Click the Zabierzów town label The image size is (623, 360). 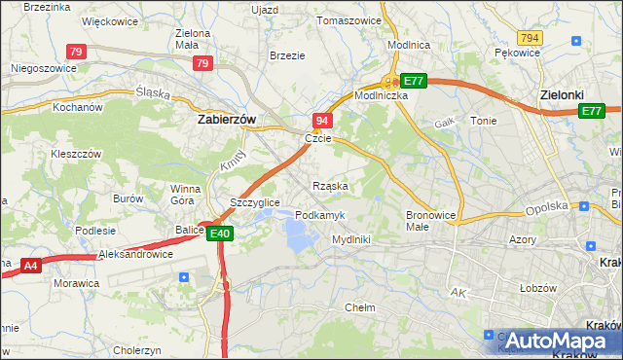tap(226, 119)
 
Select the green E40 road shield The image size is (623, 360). tap(219, 234)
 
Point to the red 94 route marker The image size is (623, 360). tap(323, 120)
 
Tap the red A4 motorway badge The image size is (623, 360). tap(31, 264)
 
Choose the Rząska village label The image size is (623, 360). tap(330, 185)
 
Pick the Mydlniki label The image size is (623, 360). tap(350, 238)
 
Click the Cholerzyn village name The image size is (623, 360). tap(136, 350)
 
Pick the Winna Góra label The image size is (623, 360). tap(185, 195)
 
